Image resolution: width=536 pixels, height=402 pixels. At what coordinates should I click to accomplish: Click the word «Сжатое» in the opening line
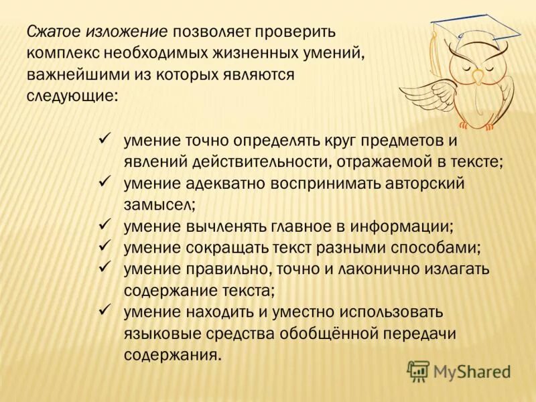tap(54, 31)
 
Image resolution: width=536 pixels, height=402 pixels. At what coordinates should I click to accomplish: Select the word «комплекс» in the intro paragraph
tap(59, 53)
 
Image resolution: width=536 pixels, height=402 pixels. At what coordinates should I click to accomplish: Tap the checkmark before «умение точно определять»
tap(104, 139)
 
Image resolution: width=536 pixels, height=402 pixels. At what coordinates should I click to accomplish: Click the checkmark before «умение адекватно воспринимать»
tap(104, 182)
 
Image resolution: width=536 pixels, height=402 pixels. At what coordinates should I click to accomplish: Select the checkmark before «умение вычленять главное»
tap(104, 224)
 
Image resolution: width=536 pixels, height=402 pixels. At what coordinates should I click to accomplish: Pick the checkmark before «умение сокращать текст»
tap(104, 246)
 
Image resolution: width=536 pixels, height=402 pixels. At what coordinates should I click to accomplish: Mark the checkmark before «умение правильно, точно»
tap(104, 267)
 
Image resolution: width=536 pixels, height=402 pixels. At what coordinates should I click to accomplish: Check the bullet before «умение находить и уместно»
tap(104, 310)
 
